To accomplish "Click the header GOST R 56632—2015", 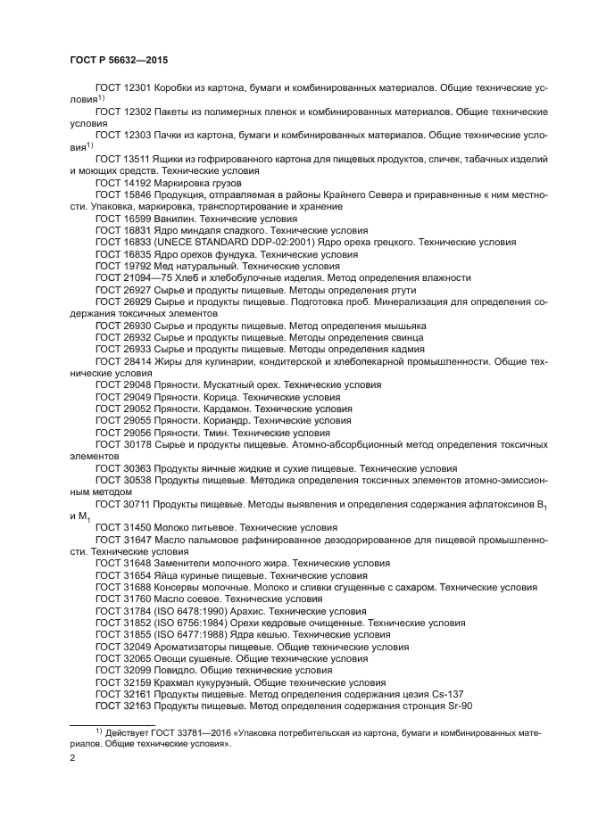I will click(x=118, y=59).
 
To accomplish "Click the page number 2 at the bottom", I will click(x=72, y=758).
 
